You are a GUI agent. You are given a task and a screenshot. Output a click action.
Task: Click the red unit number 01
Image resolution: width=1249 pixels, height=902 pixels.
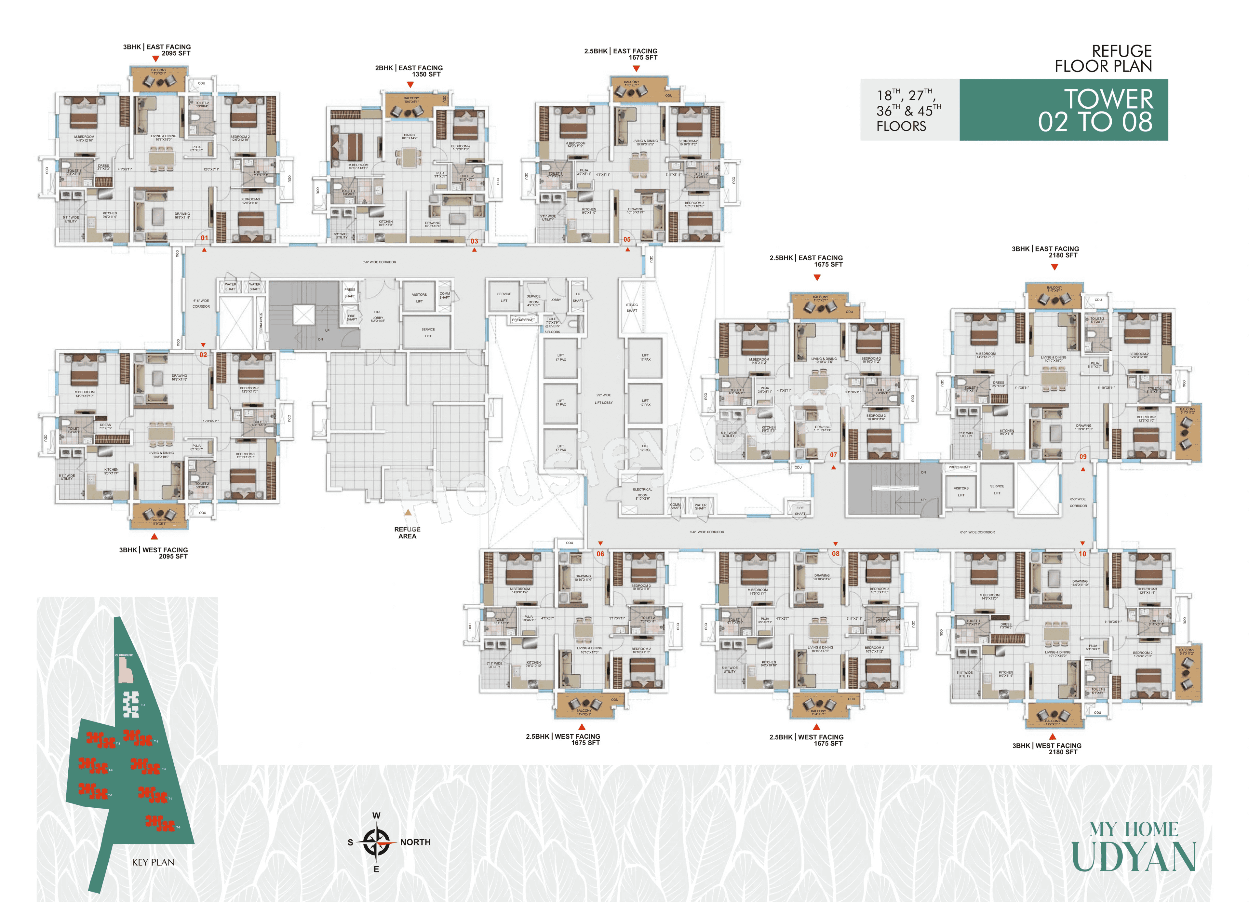click(204, 238)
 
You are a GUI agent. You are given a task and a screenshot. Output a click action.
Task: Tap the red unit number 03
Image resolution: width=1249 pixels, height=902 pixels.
click(474, 241)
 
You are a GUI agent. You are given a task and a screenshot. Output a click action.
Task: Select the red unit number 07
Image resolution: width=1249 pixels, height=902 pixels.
click(833, 455)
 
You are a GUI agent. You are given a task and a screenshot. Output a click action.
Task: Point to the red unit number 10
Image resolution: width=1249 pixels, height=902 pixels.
click(1082, 554)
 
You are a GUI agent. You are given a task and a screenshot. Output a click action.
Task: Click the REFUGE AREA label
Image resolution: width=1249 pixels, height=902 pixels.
click(408, 532)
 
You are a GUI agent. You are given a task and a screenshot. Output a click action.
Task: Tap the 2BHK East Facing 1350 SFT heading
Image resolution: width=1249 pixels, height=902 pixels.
click(409, 71)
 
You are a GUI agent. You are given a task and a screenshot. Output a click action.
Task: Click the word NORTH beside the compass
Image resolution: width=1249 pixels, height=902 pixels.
click(415, 842)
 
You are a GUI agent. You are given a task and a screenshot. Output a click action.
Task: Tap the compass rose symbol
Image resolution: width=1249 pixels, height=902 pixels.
click(377, 842)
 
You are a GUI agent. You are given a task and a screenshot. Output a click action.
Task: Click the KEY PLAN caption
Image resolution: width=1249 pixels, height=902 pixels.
click(153, 862)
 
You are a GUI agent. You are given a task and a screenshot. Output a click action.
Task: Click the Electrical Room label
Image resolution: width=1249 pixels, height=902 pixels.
click(642, 492)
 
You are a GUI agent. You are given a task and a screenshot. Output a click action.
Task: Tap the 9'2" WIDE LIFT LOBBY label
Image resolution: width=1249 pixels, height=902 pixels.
click(604, 399)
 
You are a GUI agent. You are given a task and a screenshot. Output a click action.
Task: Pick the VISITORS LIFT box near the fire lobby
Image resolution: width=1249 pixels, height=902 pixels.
click(419, 297)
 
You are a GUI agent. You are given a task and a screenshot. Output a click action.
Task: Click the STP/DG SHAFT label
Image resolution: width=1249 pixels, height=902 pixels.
click(632, 307)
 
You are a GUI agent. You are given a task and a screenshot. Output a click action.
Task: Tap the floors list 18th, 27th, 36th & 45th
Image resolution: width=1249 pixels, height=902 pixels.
click(909, 110)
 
